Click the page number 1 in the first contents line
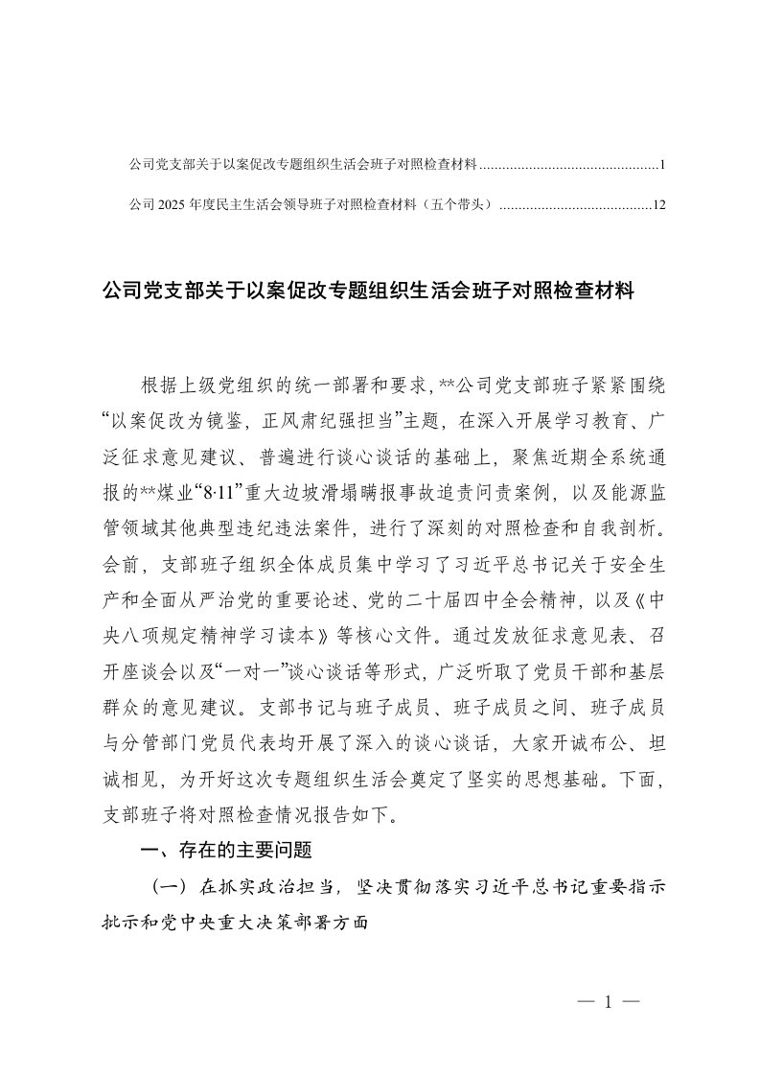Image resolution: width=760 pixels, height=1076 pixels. pyautogui.click(x=662, y=165)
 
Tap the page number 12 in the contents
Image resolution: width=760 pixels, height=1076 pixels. pyautogui.click(x=658, y=204)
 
